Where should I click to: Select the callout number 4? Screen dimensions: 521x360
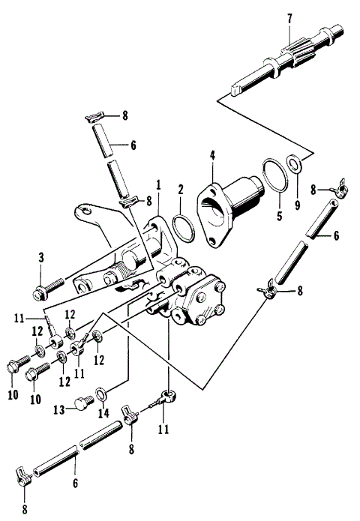point(212,156)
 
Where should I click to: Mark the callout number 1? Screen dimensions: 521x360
point(158,184)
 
